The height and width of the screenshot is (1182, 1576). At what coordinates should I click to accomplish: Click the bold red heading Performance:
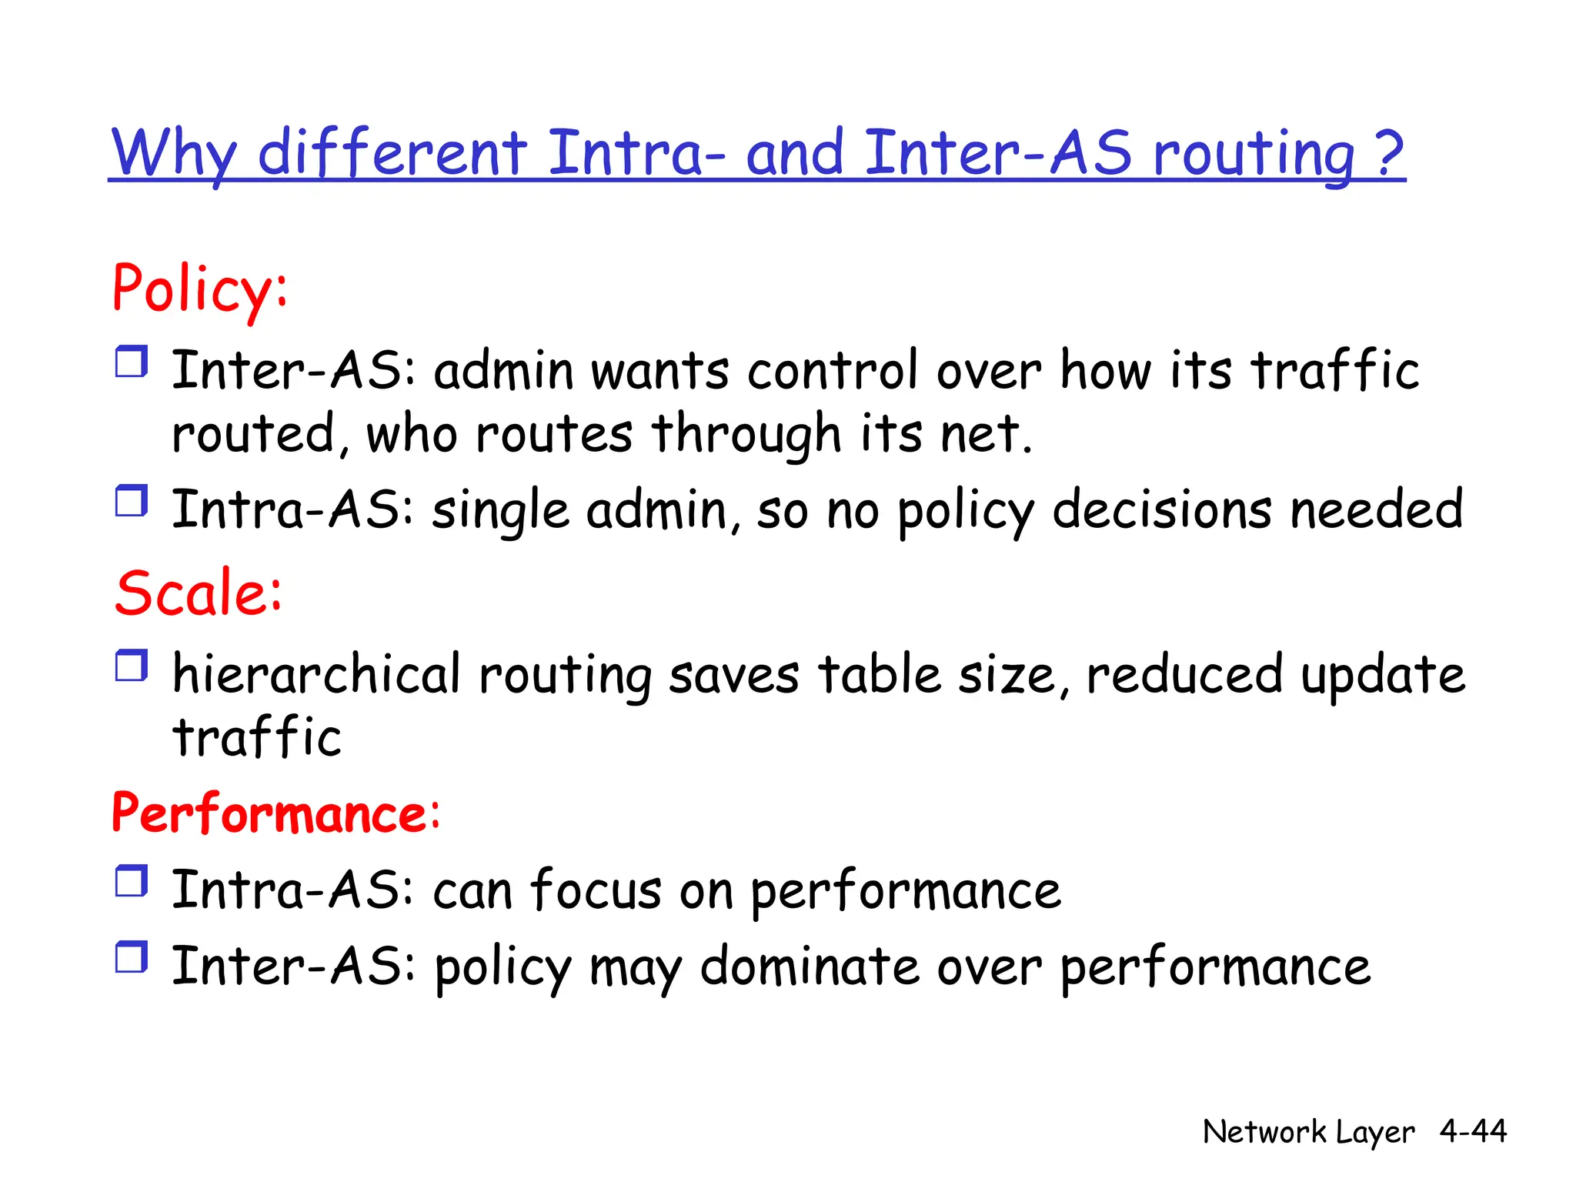[275, 813]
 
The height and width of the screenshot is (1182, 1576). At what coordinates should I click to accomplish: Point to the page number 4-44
[1473, 1130]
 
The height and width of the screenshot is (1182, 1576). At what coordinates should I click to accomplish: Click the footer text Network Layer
[1308, 1132]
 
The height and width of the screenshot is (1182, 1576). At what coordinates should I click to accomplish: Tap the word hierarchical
[316, 675]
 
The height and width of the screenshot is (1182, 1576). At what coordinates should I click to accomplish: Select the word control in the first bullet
[833, 371]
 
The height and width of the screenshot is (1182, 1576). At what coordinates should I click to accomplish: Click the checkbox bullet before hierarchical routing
[132, 666]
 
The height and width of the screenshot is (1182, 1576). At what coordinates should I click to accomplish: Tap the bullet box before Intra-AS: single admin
[132, 501]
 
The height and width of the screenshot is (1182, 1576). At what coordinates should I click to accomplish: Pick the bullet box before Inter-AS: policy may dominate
[132, 957]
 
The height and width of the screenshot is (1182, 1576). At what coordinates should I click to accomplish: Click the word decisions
[1161, 510]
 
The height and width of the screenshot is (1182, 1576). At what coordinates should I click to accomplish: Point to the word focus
[596, 890]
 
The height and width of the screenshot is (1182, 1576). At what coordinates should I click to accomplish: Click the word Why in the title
[174, 154]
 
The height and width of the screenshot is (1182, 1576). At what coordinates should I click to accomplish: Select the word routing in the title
[1254, 154]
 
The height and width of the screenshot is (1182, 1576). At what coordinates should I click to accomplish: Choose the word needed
[1376, 510]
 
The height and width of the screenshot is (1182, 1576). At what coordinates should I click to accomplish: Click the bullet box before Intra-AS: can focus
[132, 881]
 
